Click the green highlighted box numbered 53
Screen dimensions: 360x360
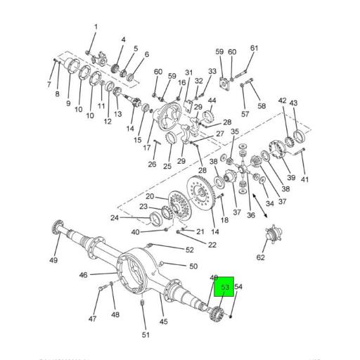[x=226, y=287]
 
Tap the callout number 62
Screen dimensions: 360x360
[x=261, y=258]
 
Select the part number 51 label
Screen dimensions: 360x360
[x=146, y=335]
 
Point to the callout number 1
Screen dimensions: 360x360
[x=96, y=27]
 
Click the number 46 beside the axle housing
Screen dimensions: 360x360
[x=83, y=275]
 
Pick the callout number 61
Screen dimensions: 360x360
[x=254, y=49]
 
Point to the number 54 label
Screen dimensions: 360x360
[x=238, y=287]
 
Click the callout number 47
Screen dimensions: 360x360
[x=92, y=319]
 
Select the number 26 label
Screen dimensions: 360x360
[x=152, y=165]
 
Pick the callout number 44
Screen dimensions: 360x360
[x=212, y=101]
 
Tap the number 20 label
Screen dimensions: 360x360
[x=150, y=196]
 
